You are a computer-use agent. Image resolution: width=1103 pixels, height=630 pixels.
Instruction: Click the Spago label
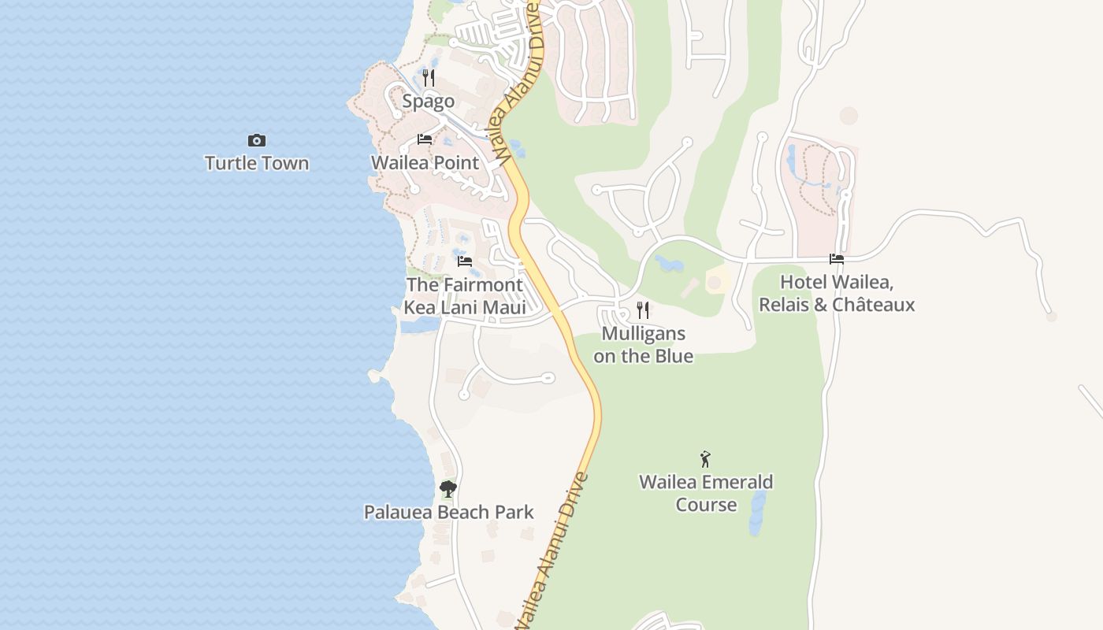[x=428, y=101]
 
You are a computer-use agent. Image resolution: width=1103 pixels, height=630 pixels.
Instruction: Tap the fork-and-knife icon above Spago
[x=428, y=77]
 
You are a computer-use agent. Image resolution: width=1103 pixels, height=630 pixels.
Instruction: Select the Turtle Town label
[x=256, y=163]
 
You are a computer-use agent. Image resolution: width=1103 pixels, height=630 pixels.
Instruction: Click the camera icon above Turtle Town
[x=256, y=140]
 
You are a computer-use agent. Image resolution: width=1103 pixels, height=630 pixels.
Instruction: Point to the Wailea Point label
[x=425, y=162]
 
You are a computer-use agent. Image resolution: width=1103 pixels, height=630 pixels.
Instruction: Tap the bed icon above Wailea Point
[x=425, y=139]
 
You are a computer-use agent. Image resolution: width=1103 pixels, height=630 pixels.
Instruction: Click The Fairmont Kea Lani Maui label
[x=464, y=296]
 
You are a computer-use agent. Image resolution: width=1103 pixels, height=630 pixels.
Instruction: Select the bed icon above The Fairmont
[x=464, y=261]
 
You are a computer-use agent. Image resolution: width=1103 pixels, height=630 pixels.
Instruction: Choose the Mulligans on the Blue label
[x=643, y=344]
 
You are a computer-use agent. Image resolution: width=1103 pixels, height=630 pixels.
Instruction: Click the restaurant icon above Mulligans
[x=643, y=309]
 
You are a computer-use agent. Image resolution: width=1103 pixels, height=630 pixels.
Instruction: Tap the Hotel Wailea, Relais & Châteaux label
[x=836, y=293]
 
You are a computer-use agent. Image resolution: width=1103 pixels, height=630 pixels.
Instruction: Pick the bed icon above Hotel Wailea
[x=836, y=258]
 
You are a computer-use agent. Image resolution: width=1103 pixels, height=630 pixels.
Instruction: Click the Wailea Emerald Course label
[x=705, y=493]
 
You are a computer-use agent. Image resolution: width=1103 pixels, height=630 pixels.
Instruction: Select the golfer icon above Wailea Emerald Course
[x=705, y=458]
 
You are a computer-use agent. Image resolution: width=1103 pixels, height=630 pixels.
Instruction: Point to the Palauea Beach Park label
[x=448, y=512]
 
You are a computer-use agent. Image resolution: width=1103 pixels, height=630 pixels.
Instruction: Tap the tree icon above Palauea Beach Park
[x=448, y=489]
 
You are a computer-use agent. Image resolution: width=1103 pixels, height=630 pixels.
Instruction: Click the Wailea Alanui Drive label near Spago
[x=516, y=83]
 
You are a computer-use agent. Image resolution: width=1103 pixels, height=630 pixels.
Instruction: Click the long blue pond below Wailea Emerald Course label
[x=757, y=512]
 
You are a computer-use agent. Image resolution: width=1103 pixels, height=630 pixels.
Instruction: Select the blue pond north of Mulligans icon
[x=669, y=264]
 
